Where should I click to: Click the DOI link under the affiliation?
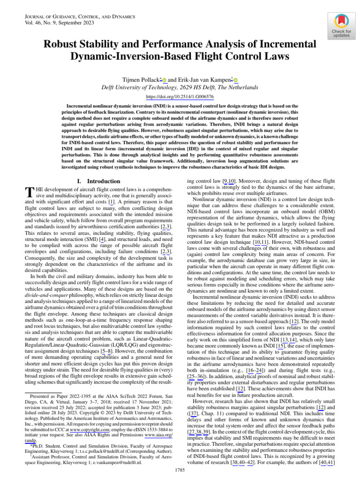click(180, 97)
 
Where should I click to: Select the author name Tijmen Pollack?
click(140, 80)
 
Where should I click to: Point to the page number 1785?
click(180, 470)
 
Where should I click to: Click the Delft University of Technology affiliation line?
click(180, 88)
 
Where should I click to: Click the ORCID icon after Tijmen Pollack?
click(165, 80)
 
